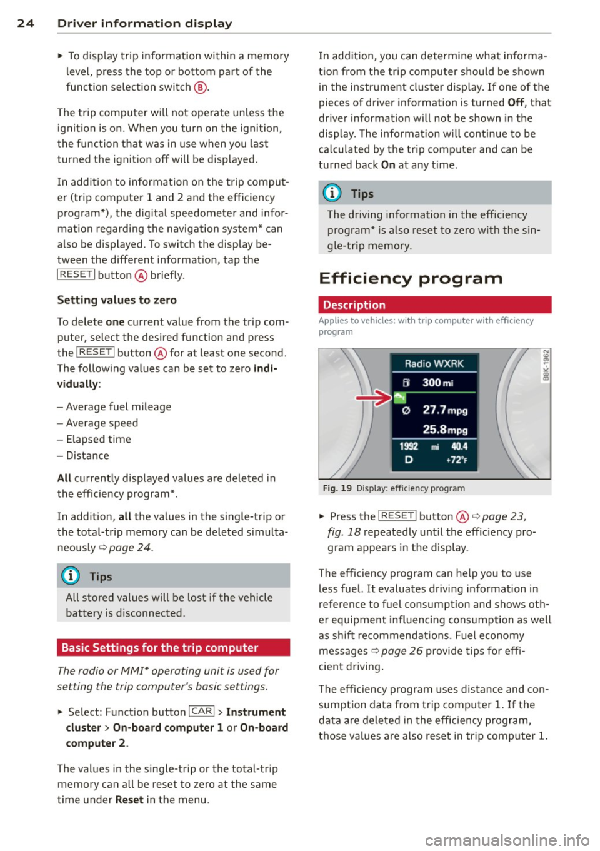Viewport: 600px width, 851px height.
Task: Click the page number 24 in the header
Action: click(x=25, y=23)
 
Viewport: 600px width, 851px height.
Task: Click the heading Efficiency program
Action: click(x=410, y=278)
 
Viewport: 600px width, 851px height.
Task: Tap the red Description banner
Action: click(x=435, y=305)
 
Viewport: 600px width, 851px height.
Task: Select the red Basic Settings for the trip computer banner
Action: click(x=173, y=648)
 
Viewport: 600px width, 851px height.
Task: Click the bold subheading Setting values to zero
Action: click(x=117, y=300)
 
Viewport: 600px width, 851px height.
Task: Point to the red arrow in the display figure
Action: click(x=374, y=398)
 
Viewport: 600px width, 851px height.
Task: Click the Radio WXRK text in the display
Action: click(x=434, y=363)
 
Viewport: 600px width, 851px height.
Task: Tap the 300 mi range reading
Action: click(x=437, y=383)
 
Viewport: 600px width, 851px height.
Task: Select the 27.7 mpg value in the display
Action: click(x=444, y=410)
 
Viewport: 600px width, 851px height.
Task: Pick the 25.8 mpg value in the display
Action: click(x=444, y=430)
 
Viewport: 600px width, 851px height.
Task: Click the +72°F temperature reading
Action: click(x=456, y=460)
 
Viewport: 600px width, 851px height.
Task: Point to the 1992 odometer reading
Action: click(x=409, y=446)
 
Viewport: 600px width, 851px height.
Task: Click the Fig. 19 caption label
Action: click(x=337, y=488)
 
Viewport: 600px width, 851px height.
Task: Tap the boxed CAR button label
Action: click(x=202, y=712)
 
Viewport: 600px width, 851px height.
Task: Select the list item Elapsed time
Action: click(x=98, y=440)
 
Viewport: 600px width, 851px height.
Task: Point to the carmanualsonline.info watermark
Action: click(x=507, y=840)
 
